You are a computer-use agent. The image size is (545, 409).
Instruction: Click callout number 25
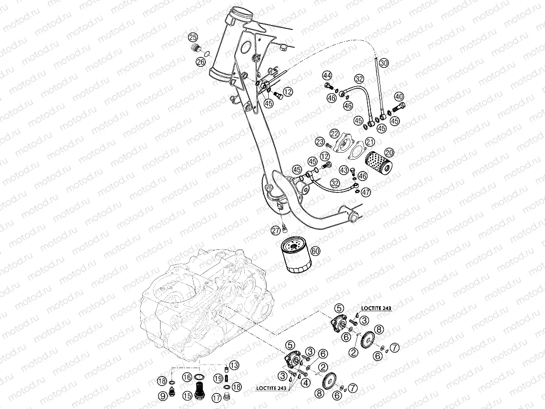pos(192,37)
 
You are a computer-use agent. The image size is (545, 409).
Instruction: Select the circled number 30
pos(383,63)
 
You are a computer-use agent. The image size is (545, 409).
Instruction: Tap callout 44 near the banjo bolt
pos(327,76)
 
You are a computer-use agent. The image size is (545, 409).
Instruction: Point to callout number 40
pos(398,96)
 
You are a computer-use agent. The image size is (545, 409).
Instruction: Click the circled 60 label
pos(315,251)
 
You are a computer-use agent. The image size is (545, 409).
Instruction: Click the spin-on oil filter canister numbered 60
pos(294,255)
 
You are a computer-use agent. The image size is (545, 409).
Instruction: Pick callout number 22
pos(334,133)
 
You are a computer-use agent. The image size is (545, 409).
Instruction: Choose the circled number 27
pos(275,230)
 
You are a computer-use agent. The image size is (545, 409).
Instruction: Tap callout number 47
pos(366,192)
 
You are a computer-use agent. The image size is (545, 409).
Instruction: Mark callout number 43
pos(344,171)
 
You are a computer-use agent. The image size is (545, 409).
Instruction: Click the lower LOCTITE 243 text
pos(272,388)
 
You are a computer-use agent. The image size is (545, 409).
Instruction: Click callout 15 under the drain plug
pos(186,396)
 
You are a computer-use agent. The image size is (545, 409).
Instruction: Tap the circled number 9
pos(163,396)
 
